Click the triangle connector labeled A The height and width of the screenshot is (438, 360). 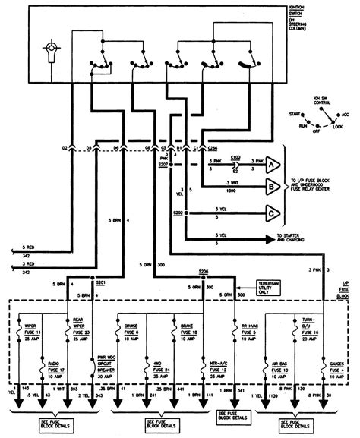pyautogui.click(x=271, y=162)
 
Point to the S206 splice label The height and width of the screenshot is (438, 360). pyautogui.click(x=203, y=272)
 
